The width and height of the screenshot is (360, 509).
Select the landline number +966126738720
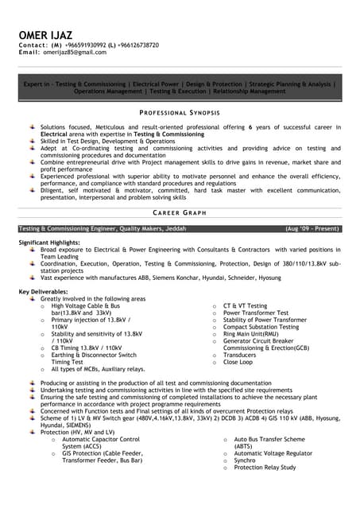point(141,45)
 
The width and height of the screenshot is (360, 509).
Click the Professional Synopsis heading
point(180,113)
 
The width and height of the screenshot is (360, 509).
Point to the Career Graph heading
point(180,213)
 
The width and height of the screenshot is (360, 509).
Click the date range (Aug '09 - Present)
point(313,228)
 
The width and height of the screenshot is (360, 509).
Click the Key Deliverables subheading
point(46,292)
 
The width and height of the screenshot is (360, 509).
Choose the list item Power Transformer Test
point(256,313)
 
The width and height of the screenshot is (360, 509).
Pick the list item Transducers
point(240,355)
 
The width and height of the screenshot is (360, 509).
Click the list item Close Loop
point(238,362)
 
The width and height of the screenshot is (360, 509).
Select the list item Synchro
point(245,460)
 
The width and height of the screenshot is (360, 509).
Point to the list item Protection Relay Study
point(267,467)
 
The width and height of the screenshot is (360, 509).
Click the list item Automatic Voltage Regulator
point(274,453)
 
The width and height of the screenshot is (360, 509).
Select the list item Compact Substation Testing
point(262,327)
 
